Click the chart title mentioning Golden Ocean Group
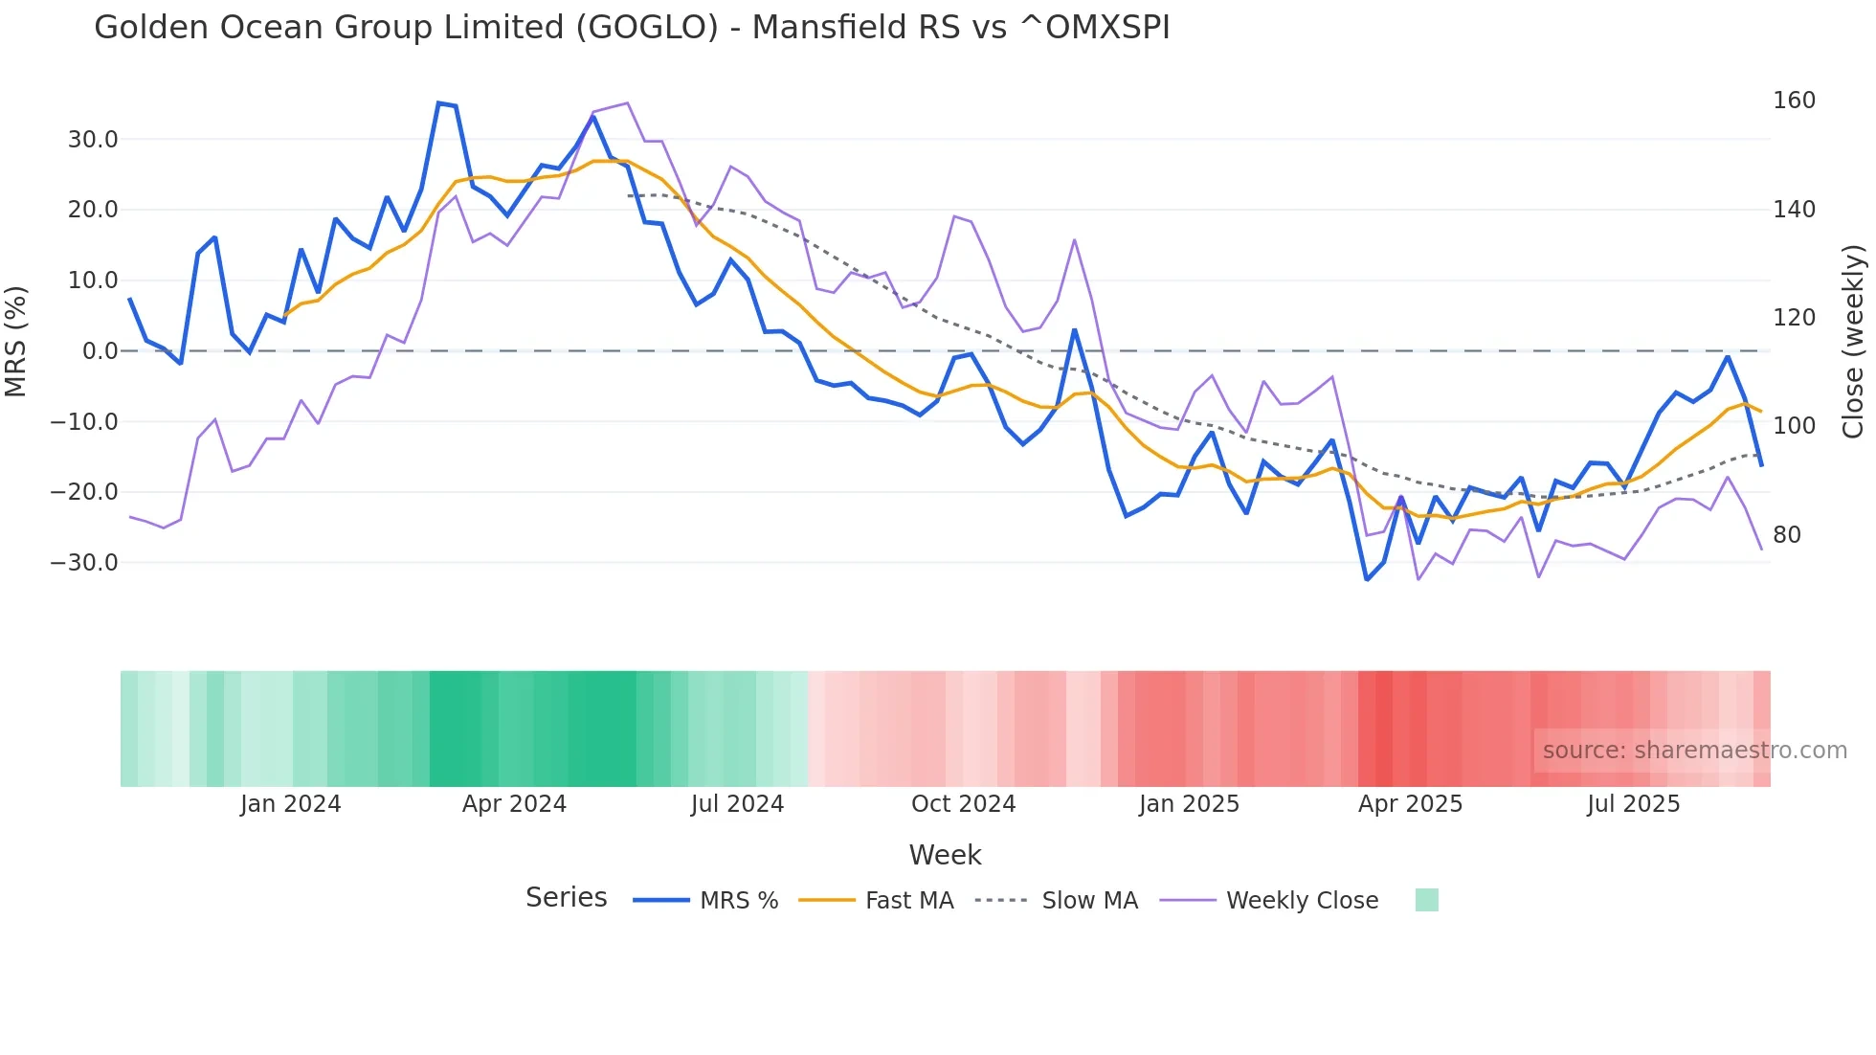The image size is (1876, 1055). [632, 27]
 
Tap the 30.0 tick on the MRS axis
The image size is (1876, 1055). [93, 140]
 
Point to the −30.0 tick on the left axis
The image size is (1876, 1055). [84, 563]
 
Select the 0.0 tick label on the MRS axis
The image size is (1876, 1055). [100, 351]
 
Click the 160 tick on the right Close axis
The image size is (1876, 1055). [1794, 101]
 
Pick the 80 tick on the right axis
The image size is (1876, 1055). [1786, 535]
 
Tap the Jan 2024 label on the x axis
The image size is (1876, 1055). [290, 804]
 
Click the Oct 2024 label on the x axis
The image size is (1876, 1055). [963, 804]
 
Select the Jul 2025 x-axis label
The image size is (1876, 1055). [1633, 804]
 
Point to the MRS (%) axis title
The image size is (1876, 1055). [16, 341]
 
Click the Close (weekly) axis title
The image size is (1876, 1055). [1854, 342]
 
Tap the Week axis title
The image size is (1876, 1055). [945, 855]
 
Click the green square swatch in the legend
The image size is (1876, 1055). [1426, 900]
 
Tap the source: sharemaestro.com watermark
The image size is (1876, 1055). [1694, 751]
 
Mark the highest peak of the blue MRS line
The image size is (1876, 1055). [438, 102]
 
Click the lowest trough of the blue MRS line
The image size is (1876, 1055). [1367, 579]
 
